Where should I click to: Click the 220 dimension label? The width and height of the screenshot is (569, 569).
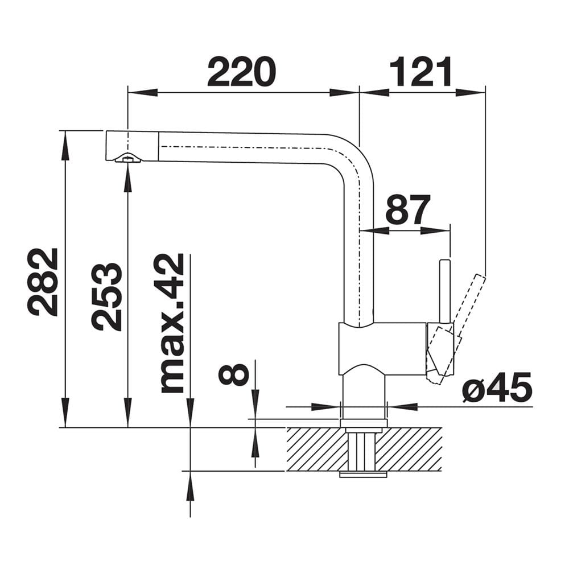coord(242,72)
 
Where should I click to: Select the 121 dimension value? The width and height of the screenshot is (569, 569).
coord(421,72)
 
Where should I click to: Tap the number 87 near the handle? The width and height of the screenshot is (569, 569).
coord(408,209)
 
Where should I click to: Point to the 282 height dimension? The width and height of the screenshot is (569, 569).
coord(43,282)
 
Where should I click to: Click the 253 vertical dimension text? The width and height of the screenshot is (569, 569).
coord(106,296)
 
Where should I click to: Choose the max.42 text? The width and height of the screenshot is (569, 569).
coord(172,323)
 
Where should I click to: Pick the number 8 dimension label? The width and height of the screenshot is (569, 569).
coord(234,374)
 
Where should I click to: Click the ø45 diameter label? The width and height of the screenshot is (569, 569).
coord(497,387)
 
